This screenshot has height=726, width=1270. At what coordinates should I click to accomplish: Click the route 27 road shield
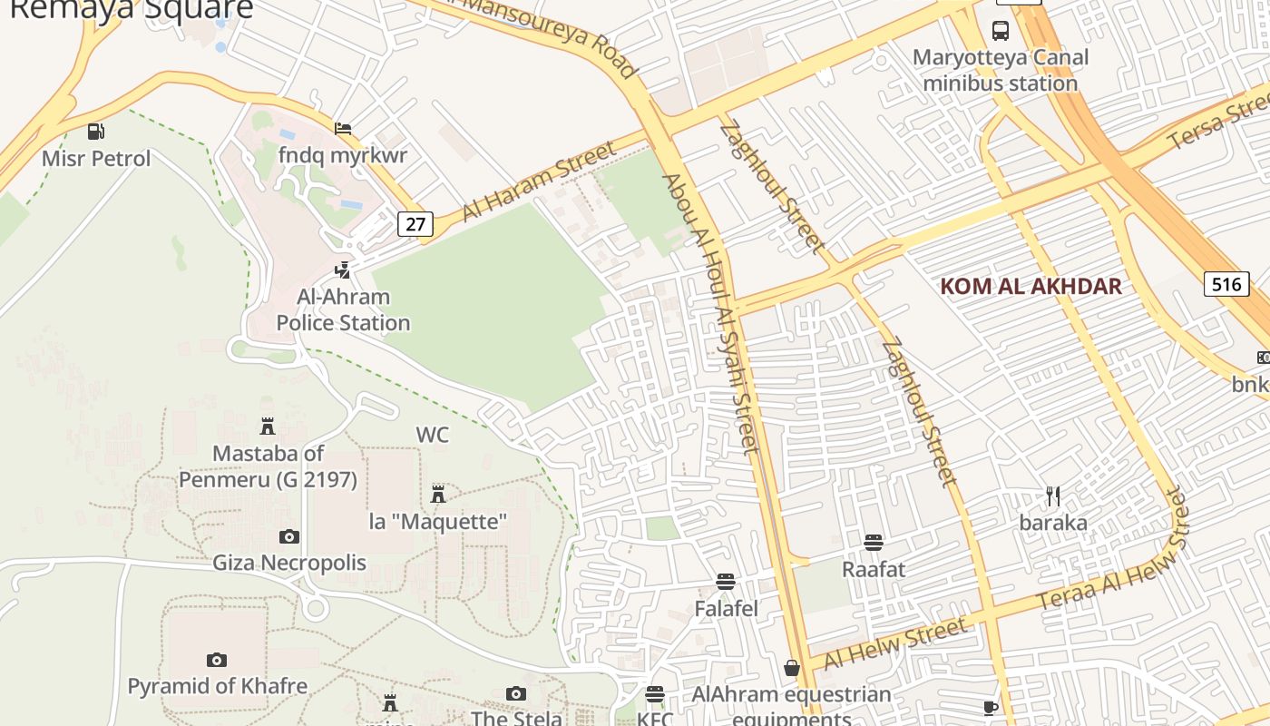415,223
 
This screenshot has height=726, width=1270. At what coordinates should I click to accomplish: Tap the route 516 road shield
1226,284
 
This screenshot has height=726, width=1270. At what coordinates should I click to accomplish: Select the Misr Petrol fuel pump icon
96,132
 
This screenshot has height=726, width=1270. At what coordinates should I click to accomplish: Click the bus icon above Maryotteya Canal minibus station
1001,31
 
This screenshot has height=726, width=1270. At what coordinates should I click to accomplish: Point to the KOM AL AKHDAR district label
1031,287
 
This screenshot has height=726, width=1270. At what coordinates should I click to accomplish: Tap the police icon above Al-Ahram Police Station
343,270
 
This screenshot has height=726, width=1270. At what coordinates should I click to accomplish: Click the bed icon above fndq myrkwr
343,128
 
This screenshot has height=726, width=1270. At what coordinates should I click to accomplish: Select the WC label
432,435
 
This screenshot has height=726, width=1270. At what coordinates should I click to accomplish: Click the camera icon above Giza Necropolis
289,536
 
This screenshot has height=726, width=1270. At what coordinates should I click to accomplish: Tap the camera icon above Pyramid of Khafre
217,660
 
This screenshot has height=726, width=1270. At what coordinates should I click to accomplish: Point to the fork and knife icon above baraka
1053,496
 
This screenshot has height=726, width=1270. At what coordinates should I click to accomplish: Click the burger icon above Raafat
874,543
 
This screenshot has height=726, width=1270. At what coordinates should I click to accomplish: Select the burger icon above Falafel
726,581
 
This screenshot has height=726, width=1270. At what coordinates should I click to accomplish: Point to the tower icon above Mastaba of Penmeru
268,426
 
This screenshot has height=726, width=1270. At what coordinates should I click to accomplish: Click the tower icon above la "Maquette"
438,494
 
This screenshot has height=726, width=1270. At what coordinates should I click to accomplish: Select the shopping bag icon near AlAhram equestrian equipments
792,668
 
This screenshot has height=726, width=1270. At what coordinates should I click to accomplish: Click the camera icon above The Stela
515,694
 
